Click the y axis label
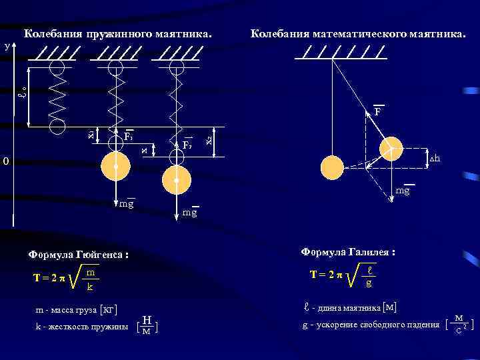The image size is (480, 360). (7, 46)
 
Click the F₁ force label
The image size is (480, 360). (129, 137)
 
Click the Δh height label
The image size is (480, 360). (435, 158)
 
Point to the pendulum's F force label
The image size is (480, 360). (377, 111)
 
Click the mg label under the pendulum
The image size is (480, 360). (403, 191)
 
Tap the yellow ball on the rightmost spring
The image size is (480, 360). (176, 180)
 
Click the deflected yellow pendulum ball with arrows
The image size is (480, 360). (391, 148)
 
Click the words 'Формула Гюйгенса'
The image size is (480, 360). (77, 255)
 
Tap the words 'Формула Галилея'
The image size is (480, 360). (349, 252)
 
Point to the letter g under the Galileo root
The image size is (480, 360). (368, 283)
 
